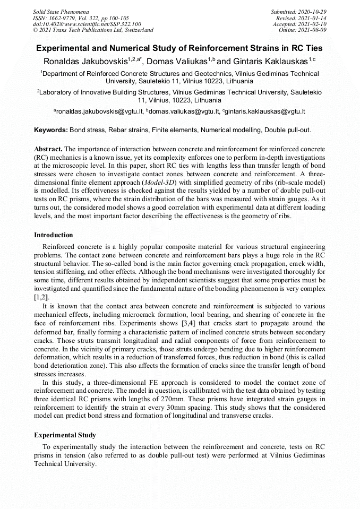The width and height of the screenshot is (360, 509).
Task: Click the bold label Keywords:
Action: coord(51,130)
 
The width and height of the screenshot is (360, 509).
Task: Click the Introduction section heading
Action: coord(54,235)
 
